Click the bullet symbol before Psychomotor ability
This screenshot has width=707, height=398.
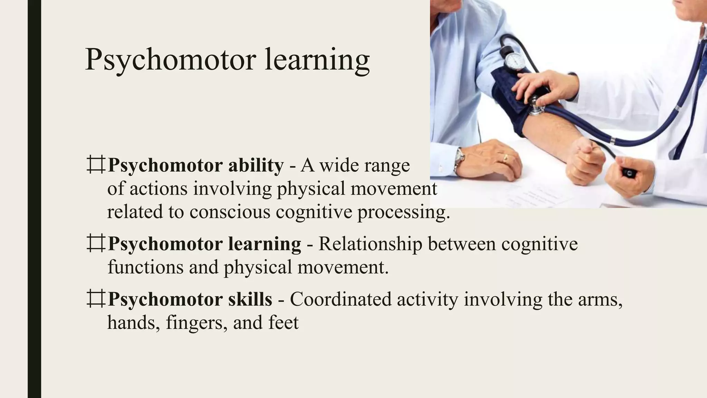(96, 165)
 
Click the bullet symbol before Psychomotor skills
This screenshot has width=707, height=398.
(96, 299)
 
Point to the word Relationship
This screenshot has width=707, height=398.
(370, 244)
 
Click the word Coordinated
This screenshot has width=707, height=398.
(340, 299)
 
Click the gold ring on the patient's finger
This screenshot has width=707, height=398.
(505, 158)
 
